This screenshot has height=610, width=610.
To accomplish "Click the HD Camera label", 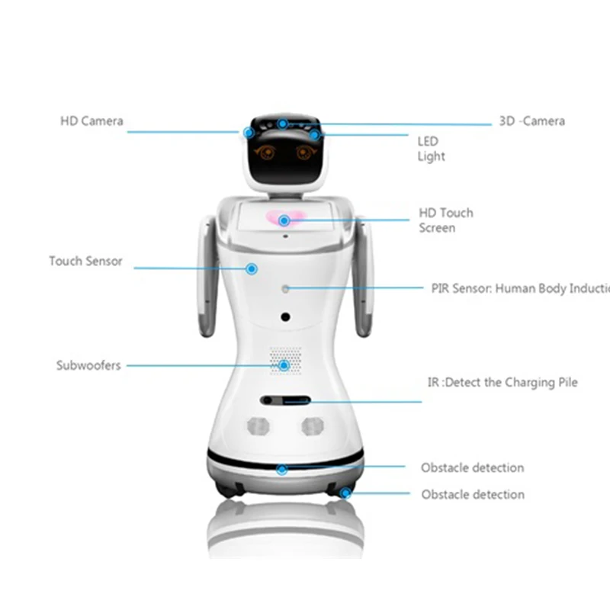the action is tap(91, 121).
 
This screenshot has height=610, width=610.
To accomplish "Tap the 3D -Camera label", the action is tap(531, 121).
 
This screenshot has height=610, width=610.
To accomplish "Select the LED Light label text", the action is tap(431, 149).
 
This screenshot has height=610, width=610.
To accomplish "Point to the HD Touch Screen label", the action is tap(446, 220).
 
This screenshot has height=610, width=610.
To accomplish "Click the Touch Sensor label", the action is tap(85, 261).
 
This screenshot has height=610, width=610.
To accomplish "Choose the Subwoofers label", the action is tap(88, 365).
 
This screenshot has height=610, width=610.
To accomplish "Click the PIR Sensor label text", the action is tap(518, 288).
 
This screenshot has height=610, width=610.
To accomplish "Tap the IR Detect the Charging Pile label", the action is tap(501, 383).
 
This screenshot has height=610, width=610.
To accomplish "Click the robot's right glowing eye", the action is tap(305, 152).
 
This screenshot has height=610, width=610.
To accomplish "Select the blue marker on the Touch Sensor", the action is tap(252, 268).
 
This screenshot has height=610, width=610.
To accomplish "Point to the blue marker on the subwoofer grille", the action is tap(284, 365).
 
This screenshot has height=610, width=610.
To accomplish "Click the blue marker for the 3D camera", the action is tap(282, 124).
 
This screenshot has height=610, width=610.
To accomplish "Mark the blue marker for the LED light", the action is tap(315, 135).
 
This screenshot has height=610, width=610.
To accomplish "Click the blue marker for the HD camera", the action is tap(249, 132).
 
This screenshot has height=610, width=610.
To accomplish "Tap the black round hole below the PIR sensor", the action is tap(285, 316).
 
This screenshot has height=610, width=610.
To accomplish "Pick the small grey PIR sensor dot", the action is tap(285, 288).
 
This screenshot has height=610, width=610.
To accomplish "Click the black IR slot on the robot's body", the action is tap(284, 400).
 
